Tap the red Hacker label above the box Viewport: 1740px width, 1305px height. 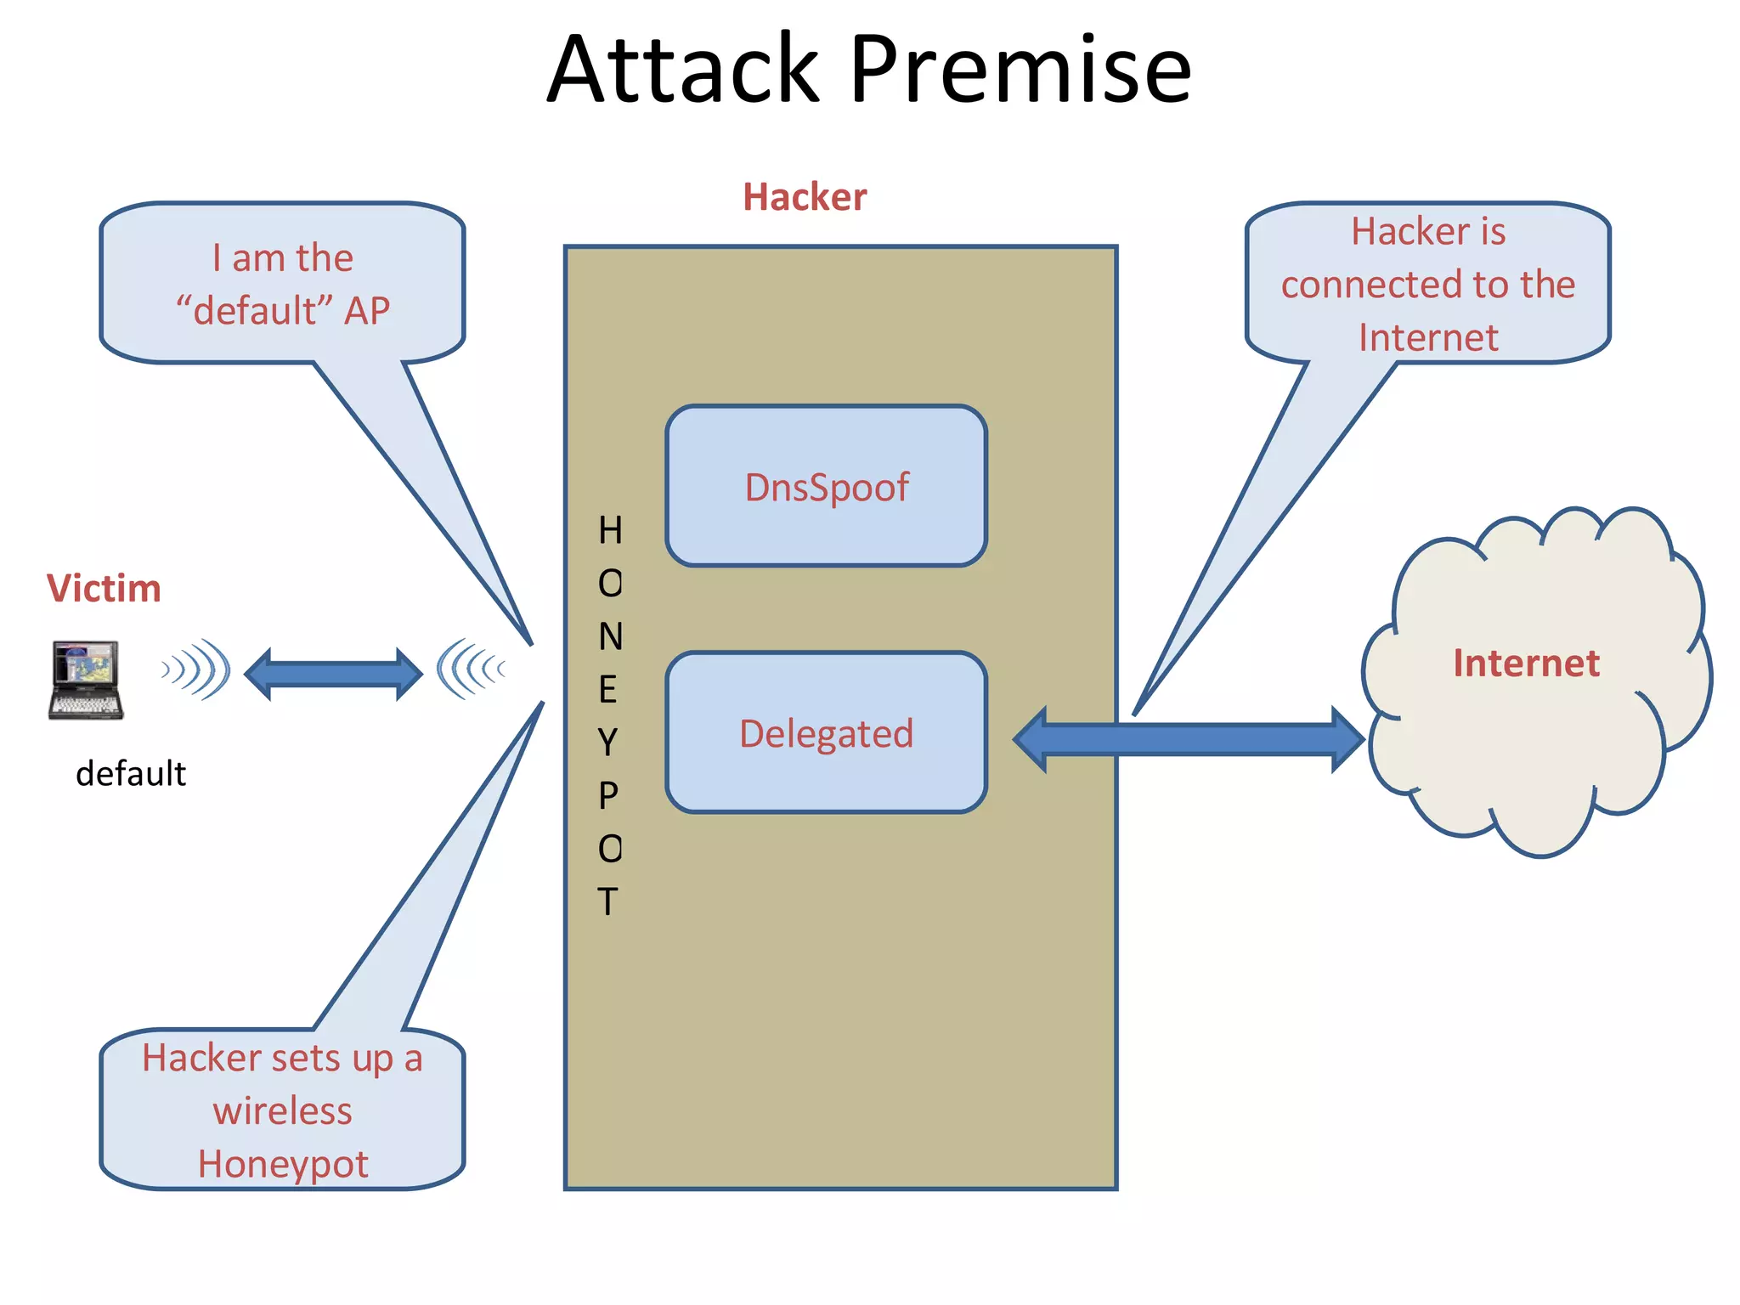tap(805, 197)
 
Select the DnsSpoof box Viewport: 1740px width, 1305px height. tap(826, 486)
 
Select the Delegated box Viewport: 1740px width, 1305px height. tap(826, 732)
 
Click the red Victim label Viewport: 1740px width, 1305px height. tap(104, 588)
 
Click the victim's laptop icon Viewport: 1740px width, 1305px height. tap(85, 680)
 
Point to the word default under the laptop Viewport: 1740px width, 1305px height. tap(131, 773)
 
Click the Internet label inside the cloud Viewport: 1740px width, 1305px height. tap(1526, 663)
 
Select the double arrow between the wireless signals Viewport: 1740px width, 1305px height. tap(333, 674)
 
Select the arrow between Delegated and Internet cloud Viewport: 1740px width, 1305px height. tap(1189, 739)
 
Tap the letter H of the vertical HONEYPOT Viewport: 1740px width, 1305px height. tap(610, 530)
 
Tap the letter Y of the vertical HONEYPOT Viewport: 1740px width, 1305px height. tap(607, 743)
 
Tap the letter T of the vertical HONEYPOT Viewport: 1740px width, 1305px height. tap(607, 901)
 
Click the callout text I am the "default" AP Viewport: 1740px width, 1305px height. tap(282, 284)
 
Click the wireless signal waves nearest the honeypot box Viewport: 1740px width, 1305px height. tap(472, 669)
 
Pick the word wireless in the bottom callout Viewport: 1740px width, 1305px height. tap(282, 1111)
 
